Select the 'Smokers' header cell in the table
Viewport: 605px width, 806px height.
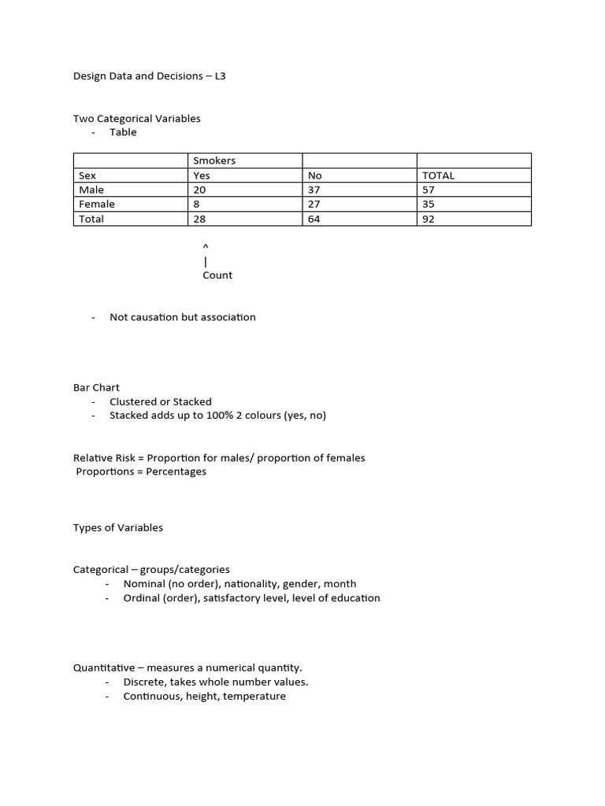click(214, 161)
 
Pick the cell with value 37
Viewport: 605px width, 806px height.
click(315, 190)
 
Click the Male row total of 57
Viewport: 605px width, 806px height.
click(429, 190)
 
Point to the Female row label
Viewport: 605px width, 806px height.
click(97, 204)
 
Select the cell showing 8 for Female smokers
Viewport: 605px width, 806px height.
click(196, 204)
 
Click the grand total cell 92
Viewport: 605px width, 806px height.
click(429, 219)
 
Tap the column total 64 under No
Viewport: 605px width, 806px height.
click(315, 219)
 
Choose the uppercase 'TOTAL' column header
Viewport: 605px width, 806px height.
click(438, 176)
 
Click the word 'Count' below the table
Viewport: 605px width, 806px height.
click(217, 275)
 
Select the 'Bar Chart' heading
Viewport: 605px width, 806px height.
click(96, 387)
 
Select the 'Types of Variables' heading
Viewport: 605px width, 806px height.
click(118, 527)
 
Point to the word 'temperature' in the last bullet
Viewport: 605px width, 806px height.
click(255, 697)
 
